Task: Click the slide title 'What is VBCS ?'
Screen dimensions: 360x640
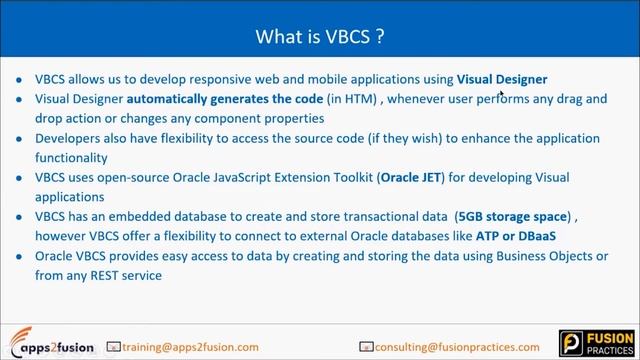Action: point(319,37)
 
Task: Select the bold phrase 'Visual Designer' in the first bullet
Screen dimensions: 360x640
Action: point(502,79)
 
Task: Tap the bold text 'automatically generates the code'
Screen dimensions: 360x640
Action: point(225,99)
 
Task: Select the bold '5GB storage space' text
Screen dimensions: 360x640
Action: point(512,216)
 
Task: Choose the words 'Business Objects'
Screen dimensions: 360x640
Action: point(546,256)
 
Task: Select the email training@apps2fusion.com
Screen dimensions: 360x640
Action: point(190,347)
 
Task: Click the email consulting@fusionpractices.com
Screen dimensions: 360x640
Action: point(461,347)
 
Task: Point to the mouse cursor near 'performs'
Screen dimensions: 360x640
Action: point(501,93)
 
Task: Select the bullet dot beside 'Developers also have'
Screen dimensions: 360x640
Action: point(21,139)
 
